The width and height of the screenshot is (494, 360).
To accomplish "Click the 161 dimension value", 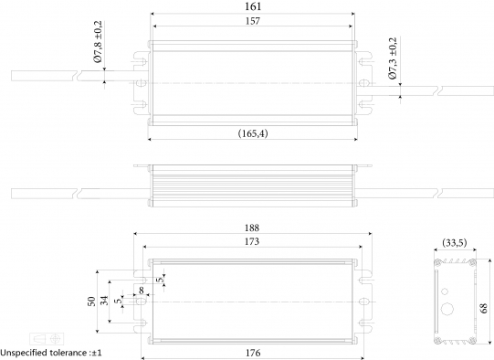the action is tap(253, 6).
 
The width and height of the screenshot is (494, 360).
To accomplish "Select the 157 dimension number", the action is tap(253, 21).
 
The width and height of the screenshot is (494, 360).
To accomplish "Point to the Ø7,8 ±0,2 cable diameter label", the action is tap(98, 42).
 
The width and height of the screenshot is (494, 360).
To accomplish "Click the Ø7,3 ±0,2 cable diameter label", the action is tap(393, 58).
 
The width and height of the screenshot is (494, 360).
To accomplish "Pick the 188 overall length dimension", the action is tap(252, 228).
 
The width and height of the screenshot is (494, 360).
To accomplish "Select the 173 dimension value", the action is tap(252, 241).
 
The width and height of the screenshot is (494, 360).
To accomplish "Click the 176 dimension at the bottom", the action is tap(253, 353).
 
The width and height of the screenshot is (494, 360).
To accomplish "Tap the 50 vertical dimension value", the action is tap(91, 302).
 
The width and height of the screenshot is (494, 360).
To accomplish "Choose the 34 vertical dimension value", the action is tap(104, 301).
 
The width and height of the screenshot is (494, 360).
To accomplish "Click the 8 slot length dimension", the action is tap(142, 290).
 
